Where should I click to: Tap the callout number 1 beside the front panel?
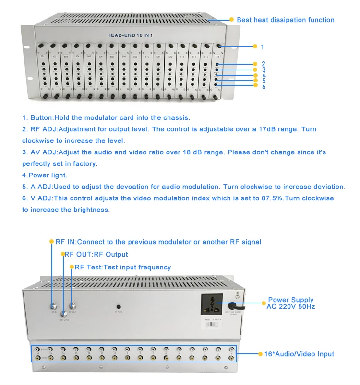tap(262, 47)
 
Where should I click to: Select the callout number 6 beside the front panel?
tap(264, 86)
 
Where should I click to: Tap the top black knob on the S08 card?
tap(123, 46)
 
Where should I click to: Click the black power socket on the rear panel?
tap(212, 304)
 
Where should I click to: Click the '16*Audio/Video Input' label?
tap(299, 354)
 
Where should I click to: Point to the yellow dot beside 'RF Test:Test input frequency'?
tap(72, 267)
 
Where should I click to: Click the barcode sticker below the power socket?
tap(211, 327)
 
